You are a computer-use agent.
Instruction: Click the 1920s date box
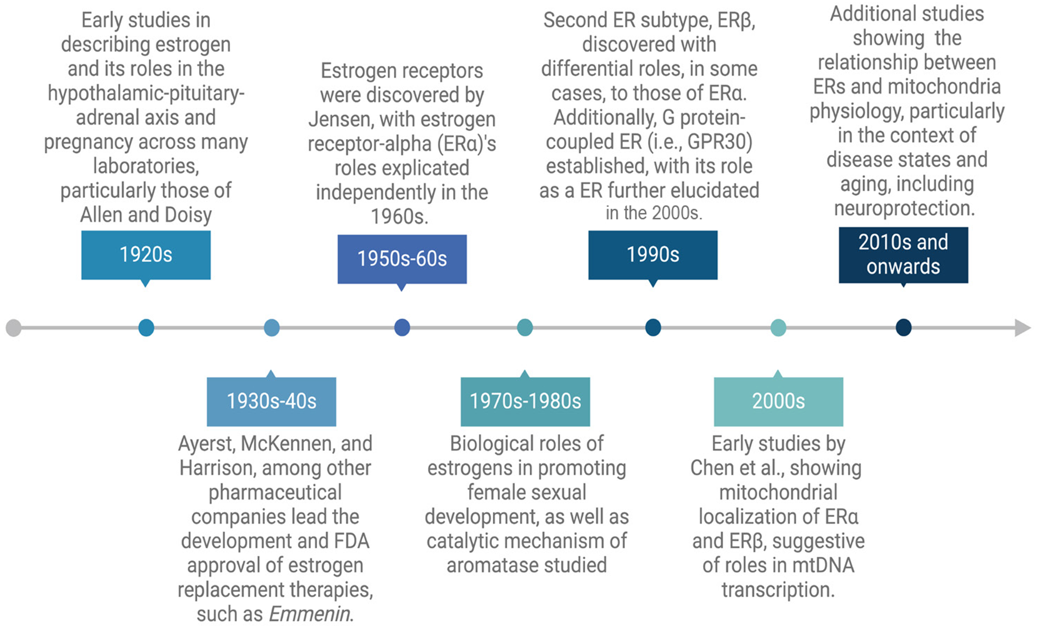[x=146, y=255]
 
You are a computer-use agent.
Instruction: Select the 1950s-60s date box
[x=402, y=259]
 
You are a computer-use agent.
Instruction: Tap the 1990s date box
[x=653, y=255]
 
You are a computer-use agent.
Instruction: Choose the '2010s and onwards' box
[x=903, y=255]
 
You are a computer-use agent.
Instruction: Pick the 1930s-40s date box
[x=271, y=401]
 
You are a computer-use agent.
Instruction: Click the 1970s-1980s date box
[x=525, y=401]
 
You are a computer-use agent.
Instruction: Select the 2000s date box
[x=778, y=401]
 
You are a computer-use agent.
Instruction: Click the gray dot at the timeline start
[x=14, y=328]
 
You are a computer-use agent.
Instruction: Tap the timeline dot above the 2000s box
[x=778, y=328]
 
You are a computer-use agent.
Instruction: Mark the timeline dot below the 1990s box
[x=653, y=328]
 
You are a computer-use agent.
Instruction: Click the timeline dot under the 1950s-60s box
[x=402, y=328]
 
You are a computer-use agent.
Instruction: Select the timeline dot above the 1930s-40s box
[x=272, y=328]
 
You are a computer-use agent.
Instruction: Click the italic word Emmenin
[x=310, y=614]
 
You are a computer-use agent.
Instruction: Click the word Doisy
[x=188, y=215]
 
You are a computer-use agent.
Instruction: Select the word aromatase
[x=495, y=565]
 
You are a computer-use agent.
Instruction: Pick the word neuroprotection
[x=904, y=208]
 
